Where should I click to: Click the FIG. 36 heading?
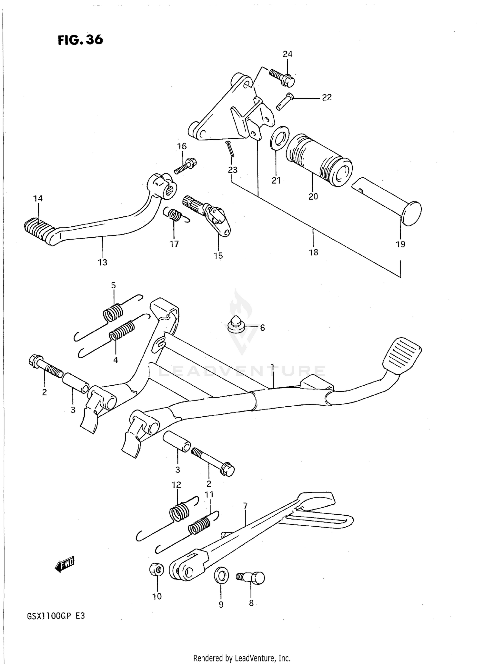(80, 40)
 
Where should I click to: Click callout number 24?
(287, 54)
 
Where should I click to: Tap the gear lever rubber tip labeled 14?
(37, 229)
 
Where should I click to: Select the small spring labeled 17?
(175, 214)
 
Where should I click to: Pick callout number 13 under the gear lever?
(103, 262)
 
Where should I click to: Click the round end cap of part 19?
(411, 213)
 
